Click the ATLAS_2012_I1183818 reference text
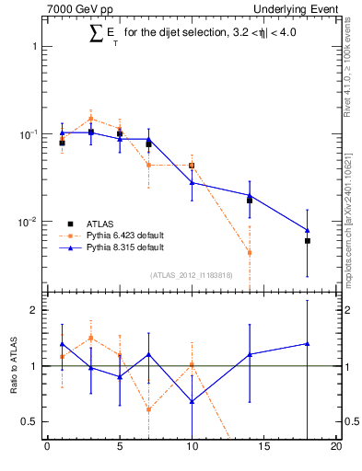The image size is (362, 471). (x=191, y=274)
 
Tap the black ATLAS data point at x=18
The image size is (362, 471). (x=308, y=241)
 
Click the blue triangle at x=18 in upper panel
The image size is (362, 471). (x=308, y=230)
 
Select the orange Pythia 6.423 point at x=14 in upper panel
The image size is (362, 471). (x=250, y=252)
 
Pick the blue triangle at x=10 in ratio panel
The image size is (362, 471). (x=192, y=401)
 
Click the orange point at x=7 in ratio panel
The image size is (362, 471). (x=148, y=409)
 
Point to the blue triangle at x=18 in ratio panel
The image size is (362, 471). (x=308, y=343)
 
